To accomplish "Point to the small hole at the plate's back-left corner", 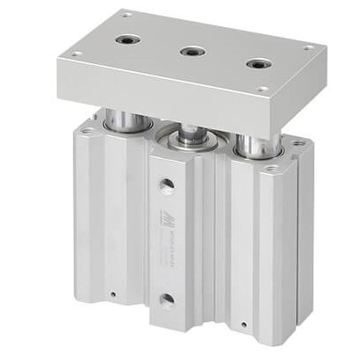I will point(126,14).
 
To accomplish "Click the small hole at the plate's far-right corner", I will point(310,47).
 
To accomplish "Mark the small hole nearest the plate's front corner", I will point(263,89).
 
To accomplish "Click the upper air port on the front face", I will point(167,184).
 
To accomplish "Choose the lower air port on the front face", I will point(166,299).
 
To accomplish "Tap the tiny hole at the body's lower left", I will point(115,292).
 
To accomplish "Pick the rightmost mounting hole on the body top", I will point(299,143).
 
